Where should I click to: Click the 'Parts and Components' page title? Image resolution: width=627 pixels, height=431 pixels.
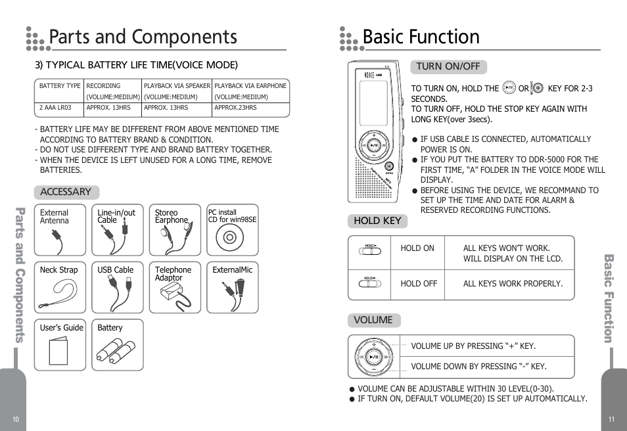pyautogui.click(x=143, y=37)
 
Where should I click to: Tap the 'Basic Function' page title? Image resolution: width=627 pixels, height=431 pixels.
pyautogui.click(x=421, y=37)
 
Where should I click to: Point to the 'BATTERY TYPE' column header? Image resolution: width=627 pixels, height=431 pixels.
pyautogui.click(x=60, y=85)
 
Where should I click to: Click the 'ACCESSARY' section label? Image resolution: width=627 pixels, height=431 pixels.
pyautogui.click(x=66, y=192)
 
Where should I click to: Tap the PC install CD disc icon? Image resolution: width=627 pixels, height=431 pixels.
pyautogui.click(x=232, y=237)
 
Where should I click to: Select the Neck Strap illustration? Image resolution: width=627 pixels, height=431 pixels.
pyautogui.click(x=58, y=292)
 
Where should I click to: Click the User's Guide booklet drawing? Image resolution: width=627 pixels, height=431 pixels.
pyautogui.click(x=58, y=351)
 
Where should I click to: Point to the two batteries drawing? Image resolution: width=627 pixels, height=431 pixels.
pyautogui.click(x=116, y=351)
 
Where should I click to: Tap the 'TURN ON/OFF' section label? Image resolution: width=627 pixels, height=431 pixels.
pyautogui.click(x=448, y=66)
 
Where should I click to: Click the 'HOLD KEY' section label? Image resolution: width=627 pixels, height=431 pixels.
pyautogui.click(x=377, y=221)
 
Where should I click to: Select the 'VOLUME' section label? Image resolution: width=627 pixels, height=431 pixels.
pyautogui.click(x=373, y=320)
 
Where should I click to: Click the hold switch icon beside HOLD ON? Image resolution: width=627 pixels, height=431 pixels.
pyautogui.click(x=370, y=249)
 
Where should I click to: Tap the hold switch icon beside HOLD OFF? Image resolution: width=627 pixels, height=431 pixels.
pyautogui.click(x=370, y=283)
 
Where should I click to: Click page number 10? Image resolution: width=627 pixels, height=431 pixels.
pyautogui.click(x=16, y=420)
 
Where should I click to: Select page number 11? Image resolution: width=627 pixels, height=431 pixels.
pyautogui.click(x=611, y=420)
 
